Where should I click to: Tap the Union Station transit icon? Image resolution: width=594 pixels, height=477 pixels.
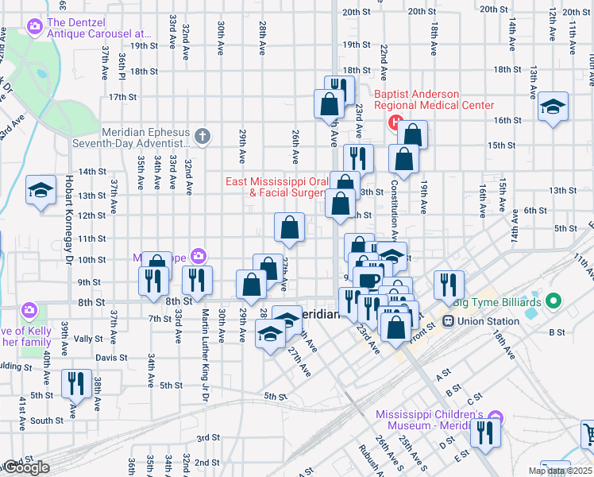(x=448, y=321)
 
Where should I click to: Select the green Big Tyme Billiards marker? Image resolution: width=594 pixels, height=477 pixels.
(x=554, y=302)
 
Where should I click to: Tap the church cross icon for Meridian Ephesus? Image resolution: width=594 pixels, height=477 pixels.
(x=202, y=137)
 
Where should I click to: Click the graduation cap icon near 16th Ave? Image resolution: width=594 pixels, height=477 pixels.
(x=553, y=106)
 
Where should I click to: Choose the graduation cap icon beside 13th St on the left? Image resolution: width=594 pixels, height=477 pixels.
(x=40, y=190)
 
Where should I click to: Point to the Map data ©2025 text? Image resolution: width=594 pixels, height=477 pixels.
(x=560, y=470)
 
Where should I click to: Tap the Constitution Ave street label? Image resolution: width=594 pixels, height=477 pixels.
(x=394, y=211)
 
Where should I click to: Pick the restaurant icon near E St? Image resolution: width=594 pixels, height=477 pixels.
(x=484, y=432)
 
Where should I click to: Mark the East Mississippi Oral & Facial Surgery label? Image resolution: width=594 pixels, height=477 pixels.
(x=276, y=187)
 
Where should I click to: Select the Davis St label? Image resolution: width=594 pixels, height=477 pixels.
(x=111, y=358)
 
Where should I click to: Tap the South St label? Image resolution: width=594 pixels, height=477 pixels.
(x=47, y=421)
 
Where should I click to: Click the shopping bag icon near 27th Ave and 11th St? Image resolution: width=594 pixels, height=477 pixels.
(x=290, y=227)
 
